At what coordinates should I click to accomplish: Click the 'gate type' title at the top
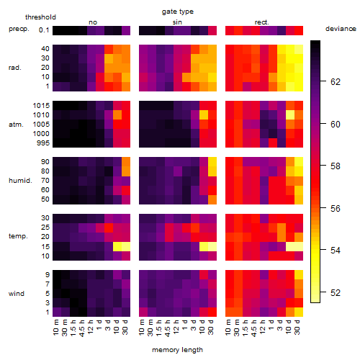click(178, 12)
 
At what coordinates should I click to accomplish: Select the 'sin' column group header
click(177, 22)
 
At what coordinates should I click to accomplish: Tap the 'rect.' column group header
click(262, 22)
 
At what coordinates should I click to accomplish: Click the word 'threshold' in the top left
click(40, 17)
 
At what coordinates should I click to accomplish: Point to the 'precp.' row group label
click(19, 29)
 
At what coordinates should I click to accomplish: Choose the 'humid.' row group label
click(20, 180)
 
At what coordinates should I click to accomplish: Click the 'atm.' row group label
click(16, 125)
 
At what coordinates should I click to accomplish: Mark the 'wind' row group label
click(17, 293)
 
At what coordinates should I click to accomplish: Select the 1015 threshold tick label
click(41, 106)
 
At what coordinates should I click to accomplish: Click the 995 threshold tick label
click(43, 143)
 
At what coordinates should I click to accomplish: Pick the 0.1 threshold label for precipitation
click(44, 30)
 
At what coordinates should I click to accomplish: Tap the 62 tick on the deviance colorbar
click(336, 82)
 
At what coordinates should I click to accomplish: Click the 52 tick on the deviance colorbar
click(336, 292)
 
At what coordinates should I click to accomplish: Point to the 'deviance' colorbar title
click(341, 29)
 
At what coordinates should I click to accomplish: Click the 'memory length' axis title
click(178, 350)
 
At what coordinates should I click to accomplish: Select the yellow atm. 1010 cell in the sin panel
click(204, 115)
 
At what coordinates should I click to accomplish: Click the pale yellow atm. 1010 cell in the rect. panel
click(290, 115)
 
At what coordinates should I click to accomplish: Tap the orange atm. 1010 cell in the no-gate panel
click(117, 115)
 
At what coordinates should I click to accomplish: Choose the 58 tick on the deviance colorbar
click(336, 166)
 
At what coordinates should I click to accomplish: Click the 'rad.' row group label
click(15, 68)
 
